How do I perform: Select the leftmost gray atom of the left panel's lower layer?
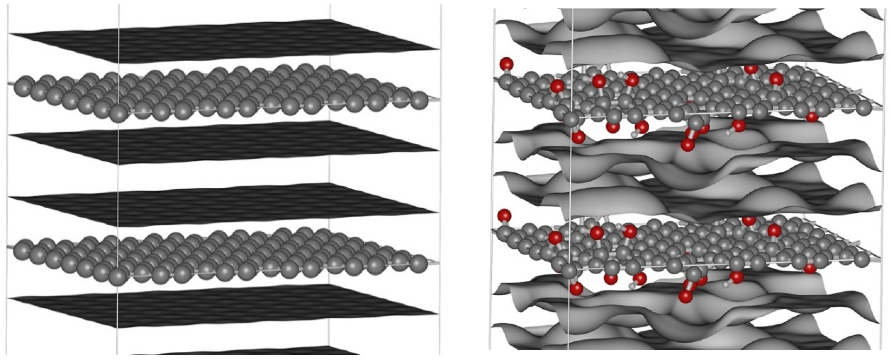point(21,249)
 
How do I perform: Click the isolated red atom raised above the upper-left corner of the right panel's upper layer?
point(507,64)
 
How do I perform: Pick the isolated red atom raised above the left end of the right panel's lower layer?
point(504,216)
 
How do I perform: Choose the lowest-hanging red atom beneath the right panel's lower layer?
point(685,297)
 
